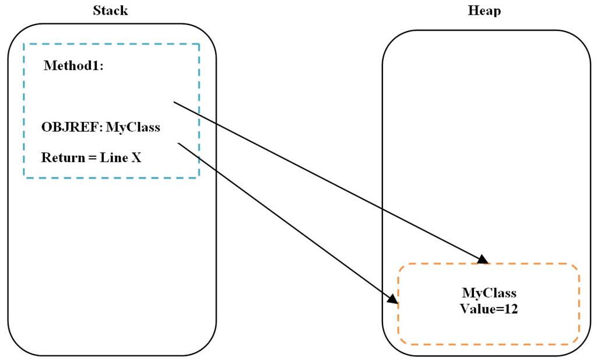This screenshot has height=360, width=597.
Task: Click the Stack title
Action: pos(110,11)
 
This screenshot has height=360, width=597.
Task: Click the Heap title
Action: pos(484,11)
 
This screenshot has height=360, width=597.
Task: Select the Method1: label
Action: pos(73,66)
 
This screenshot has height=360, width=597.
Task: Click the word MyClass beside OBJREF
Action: pos(133,127)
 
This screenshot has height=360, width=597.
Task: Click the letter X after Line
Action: pos(136,158)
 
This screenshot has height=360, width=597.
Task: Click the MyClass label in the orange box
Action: pos(489,293)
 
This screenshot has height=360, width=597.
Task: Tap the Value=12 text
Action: pos(489,309)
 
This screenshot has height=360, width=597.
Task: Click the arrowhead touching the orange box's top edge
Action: pos(484,260)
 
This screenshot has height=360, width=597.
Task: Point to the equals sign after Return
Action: pos(92,158)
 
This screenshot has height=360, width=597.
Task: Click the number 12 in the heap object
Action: pos(511,309)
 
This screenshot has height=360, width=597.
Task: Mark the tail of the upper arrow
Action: pos(174,102)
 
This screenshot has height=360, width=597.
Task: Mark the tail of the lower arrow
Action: pos(177,142)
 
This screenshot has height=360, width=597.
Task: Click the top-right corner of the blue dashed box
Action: pos(199,44)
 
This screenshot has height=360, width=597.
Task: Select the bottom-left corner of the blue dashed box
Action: pos(24,177)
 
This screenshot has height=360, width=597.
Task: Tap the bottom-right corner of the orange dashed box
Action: pos(578,343)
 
